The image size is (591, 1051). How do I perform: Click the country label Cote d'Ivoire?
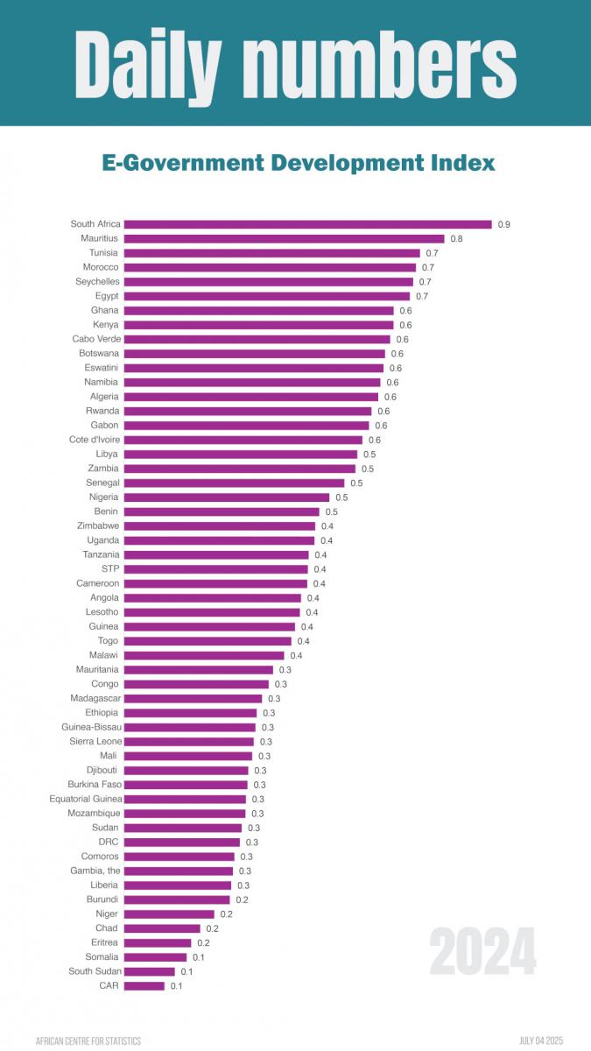[95, 440]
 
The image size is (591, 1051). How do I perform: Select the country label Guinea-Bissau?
[91, 727]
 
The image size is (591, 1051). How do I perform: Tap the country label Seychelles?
[97, 281]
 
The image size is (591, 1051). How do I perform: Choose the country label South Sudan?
[95, 971]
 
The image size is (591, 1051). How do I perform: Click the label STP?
[110, 569]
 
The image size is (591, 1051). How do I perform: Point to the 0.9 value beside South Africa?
[504, 225]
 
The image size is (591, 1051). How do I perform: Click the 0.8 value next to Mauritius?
[456, 239]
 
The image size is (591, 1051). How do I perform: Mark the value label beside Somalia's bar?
[199, 957]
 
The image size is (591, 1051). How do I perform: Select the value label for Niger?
[227, 914]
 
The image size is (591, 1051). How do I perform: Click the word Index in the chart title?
[462, 163]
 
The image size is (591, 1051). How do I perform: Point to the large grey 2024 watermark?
[482, 952]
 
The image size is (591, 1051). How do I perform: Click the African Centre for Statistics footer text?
[88, 1040]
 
